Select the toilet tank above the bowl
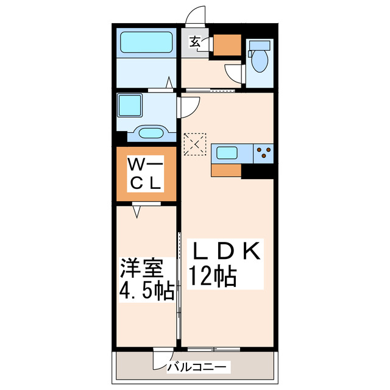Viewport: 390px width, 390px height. pyautogui.click(x=259, y=46)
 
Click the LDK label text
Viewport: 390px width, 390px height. pyautogui.click(x=227, y=251)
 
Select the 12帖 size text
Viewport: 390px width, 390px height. pyautogui.click(x=213, y=278)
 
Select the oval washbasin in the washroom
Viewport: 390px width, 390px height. pyautogui.click(x=149, y=133)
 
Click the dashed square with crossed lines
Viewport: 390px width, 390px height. pyautogui.click(x=196, y=145)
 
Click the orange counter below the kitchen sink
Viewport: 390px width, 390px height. pyautogui.click(x=227, y=170)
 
